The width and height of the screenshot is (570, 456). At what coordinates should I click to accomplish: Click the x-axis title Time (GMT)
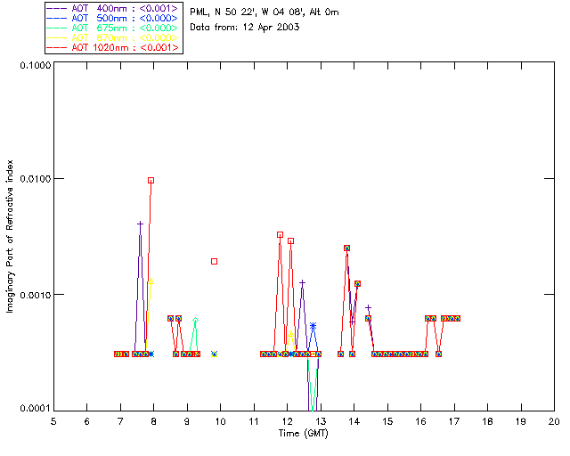coord(303,432)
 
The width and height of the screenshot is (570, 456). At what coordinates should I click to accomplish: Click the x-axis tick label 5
coord(53,421)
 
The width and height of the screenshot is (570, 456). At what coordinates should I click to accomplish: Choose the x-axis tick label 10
coord(220,421)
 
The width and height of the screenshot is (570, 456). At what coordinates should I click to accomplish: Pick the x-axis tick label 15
coord(387,421)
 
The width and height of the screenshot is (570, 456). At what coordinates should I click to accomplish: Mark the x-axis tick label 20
coord(554,421)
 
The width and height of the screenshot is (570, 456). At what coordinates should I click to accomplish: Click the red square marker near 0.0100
coord(151,180)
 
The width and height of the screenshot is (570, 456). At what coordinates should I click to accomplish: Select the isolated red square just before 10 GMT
coord(215,261)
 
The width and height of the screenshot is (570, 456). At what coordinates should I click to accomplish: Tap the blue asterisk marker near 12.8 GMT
coord(313,326)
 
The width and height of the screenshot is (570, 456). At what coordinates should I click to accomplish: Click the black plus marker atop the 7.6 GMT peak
coord(140,224)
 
